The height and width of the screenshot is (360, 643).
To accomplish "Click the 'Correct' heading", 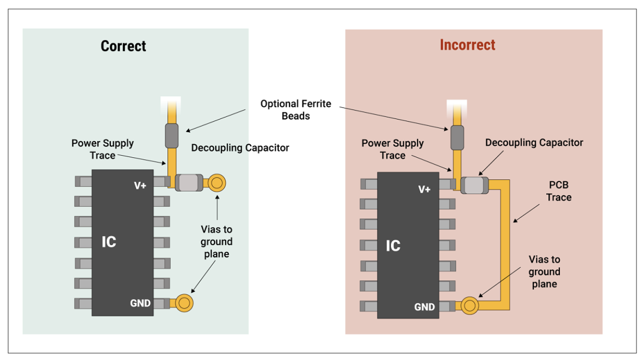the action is click(123, 46).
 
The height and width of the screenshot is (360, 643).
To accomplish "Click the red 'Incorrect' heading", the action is click(468, 45).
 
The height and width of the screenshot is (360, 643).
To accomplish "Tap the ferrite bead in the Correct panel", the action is click(172, 136).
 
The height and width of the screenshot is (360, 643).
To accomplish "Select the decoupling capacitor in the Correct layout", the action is click(189, 183).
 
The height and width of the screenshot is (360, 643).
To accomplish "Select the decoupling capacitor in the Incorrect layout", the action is click(475, 186).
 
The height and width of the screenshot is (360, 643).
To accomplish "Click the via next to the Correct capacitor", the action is click(217, 183).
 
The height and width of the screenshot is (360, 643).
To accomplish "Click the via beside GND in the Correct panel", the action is click(184, 303).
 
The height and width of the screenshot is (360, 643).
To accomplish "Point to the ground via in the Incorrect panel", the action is click(470, 306).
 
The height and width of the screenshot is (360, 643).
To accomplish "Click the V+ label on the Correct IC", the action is click(140, 186).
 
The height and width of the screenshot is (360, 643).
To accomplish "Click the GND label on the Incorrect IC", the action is click(425, 307).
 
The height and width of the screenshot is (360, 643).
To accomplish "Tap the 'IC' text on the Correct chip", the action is click(109, 242).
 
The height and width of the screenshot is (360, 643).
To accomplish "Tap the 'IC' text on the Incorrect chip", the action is click(393, 246).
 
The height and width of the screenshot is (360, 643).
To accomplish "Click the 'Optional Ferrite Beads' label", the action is click(296, 110).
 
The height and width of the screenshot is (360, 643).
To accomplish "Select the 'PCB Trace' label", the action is click(559, 191).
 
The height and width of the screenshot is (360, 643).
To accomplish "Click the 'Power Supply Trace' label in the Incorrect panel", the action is click(393, 149).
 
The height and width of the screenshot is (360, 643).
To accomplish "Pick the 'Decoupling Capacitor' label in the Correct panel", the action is click(240, 148).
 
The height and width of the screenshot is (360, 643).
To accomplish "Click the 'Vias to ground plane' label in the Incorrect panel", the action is click(544, 271).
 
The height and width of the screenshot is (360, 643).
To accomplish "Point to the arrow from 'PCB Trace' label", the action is click(526, 213).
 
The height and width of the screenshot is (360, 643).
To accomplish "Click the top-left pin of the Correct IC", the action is click(84, 182).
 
